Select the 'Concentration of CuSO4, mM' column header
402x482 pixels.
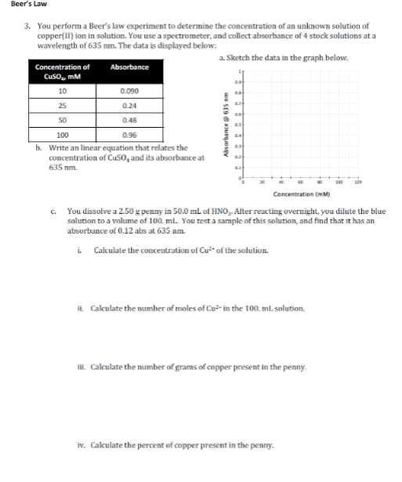63,72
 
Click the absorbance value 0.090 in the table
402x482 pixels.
129,91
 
